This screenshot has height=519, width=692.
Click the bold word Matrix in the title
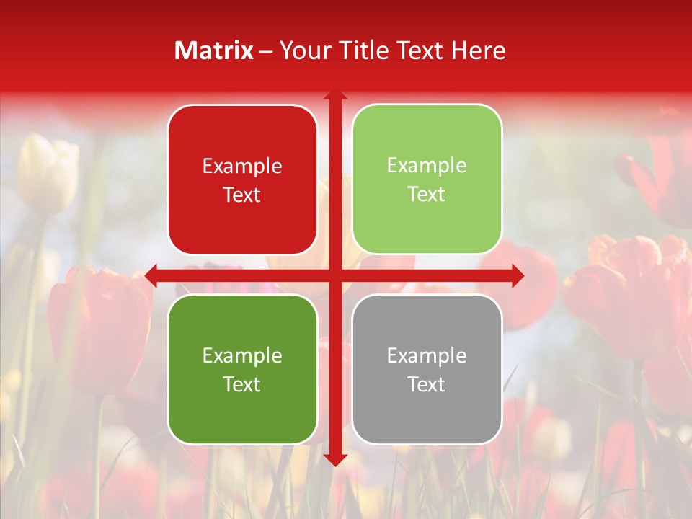(x=214, y=50)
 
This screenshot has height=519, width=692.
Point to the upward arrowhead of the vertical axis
(x=335, y=96)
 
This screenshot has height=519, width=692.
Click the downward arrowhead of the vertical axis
(x=335, y=459)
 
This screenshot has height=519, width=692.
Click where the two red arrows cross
(x=335, y=275)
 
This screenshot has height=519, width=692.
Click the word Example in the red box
(x=242, y=167)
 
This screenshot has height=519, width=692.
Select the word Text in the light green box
(x=427, y=195)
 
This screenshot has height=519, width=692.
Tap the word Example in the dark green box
(x=242, y=355)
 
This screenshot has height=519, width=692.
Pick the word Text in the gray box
(x=427, y=384)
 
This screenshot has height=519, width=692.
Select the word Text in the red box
(x=242, y=195)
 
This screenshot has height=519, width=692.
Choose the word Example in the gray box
(x=427, y=355)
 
